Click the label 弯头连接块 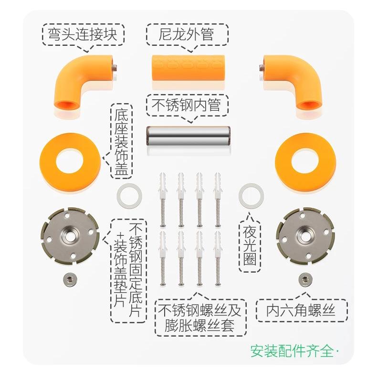[82, 34]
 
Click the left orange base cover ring [70, 161]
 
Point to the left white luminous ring [129, 195]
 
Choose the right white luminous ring [251, 195]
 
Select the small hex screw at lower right [303, 278]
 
